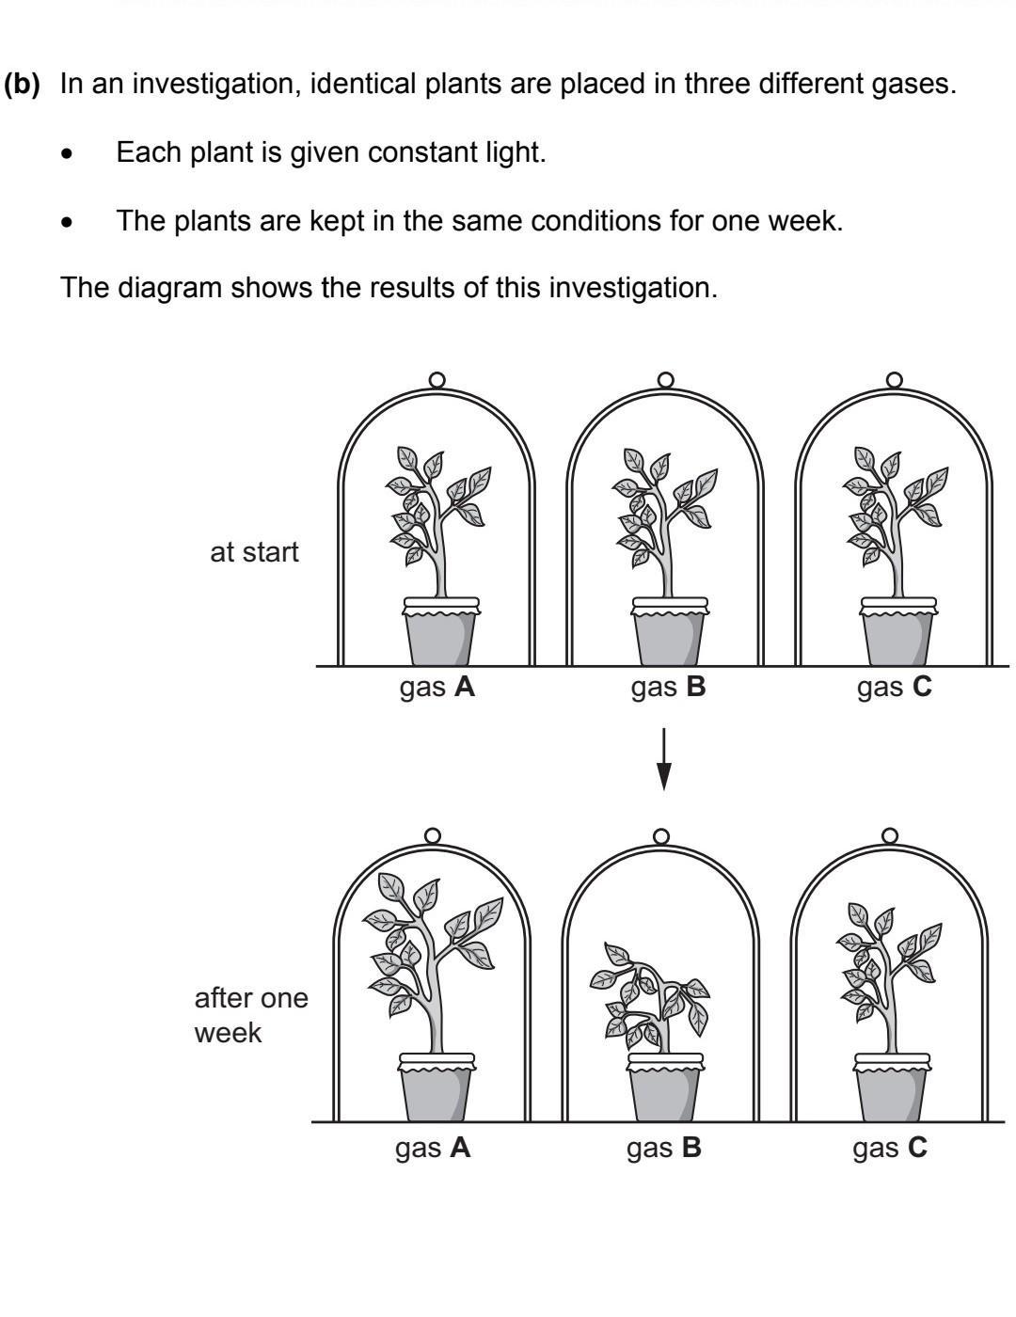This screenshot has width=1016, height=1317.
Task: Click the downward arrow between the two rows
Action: (664, 758)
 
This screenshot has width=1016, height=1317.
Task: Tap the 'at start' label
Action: (254, 552)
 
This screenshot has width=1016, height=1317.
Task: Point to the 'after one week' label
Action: (250, 1015)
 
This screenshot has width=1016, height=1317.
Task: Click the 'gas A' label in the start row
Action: (437, 688)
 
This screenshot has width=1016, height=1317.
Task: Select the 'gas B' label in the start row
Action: (668, 688)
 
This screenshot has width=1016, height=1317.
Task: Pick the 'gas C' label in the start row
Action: (894, 688)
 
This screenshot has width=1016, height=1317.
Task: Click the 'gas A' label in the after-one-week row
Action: (433, 1149)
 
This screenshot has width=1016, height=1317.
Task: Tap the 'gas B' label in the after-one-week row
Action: (664, 1149)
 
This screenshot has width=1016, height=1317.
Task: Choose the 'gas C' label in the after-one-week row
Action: (890, 1149)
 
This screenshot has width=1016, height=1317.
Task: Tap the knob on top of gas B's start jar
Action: (666, 379)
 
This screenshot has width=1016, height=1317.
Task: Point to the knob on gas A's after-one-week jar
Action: (433, 835)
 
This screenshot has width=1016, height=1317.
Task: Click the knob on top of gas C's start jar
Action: (895, 379)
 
